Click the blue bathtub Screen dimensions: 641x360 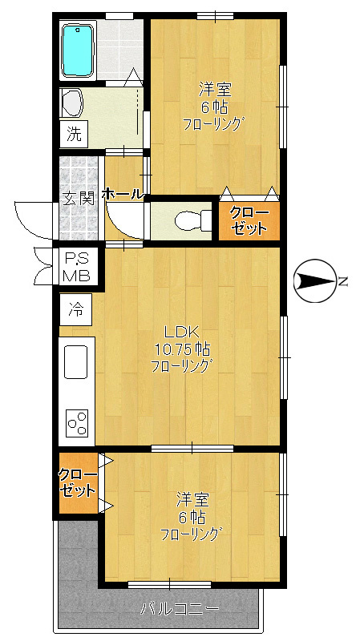79,50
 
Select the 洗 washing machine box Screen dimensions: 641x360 74,135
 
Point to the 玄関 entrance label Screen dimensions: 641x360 79,198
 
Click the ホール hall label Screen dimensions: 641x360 123,194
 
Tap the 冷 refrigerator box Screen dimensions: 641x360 75,307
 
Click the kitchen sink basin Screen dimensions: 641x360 76,361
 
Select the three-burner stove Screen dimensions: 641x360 77,421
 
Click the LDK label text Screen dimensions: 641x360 181,333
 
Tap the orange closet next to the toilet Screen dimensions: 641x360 249,220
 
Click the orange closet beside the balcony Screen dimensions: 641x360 77,483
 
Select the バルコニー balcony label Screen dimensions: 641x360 180,609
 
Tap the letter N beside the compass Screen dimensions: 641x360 342,281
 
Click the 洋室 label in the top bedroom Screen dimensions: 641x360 212,89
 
